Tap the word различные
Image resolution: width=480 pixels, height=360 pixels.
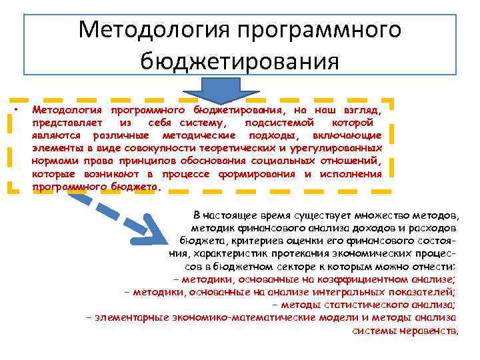(113, 135)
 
